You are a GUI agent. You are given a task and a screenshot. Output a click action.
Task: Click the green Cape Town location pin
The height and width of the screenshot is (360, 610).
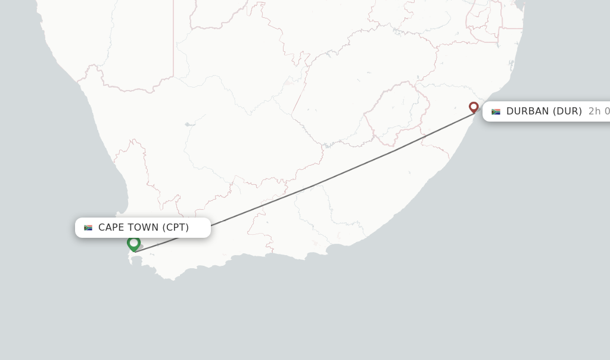(133, 243)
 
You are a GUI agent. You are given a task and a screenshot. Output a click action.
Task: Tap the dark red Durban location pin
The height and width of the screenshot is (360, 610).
(474, 107)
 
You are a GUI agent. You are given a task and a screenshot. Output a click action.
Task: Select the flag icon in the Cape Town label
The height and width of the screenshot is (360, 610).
(88, 228)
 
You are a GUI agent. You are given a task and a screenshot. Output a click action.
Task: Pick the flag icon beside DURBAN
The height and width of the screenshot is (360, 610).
(496, 111)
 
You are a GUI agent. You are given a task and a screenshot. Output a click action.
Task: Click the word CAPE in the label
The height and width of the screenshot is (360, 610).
(112, 227)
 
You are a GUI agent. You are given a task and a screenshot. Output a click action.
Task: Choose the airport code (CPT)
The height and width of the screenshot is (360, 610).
(176, 227)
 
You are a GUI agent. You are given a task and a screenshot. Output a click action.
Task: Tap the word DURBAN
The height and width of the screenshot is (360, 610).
(528, 111)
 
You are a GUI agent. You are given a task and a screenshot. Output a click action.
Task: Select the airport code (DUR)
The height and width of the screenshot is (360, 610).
(567, 111)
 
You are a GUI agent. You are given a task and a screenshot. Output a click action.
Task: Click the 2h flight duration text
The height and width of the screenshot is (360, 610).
(595, 111)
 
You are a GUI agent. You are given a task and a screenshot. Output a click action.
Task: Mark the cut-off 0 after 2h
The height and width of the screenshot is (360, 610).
(607, 111)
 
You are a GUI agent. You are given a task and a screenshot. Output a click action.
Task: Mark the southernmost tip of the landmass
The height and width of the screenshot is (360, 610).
(173, 279)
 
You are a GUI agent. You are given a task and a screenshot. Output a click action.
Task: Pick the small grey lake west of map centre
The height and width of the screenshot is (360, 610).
(188, 125)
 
